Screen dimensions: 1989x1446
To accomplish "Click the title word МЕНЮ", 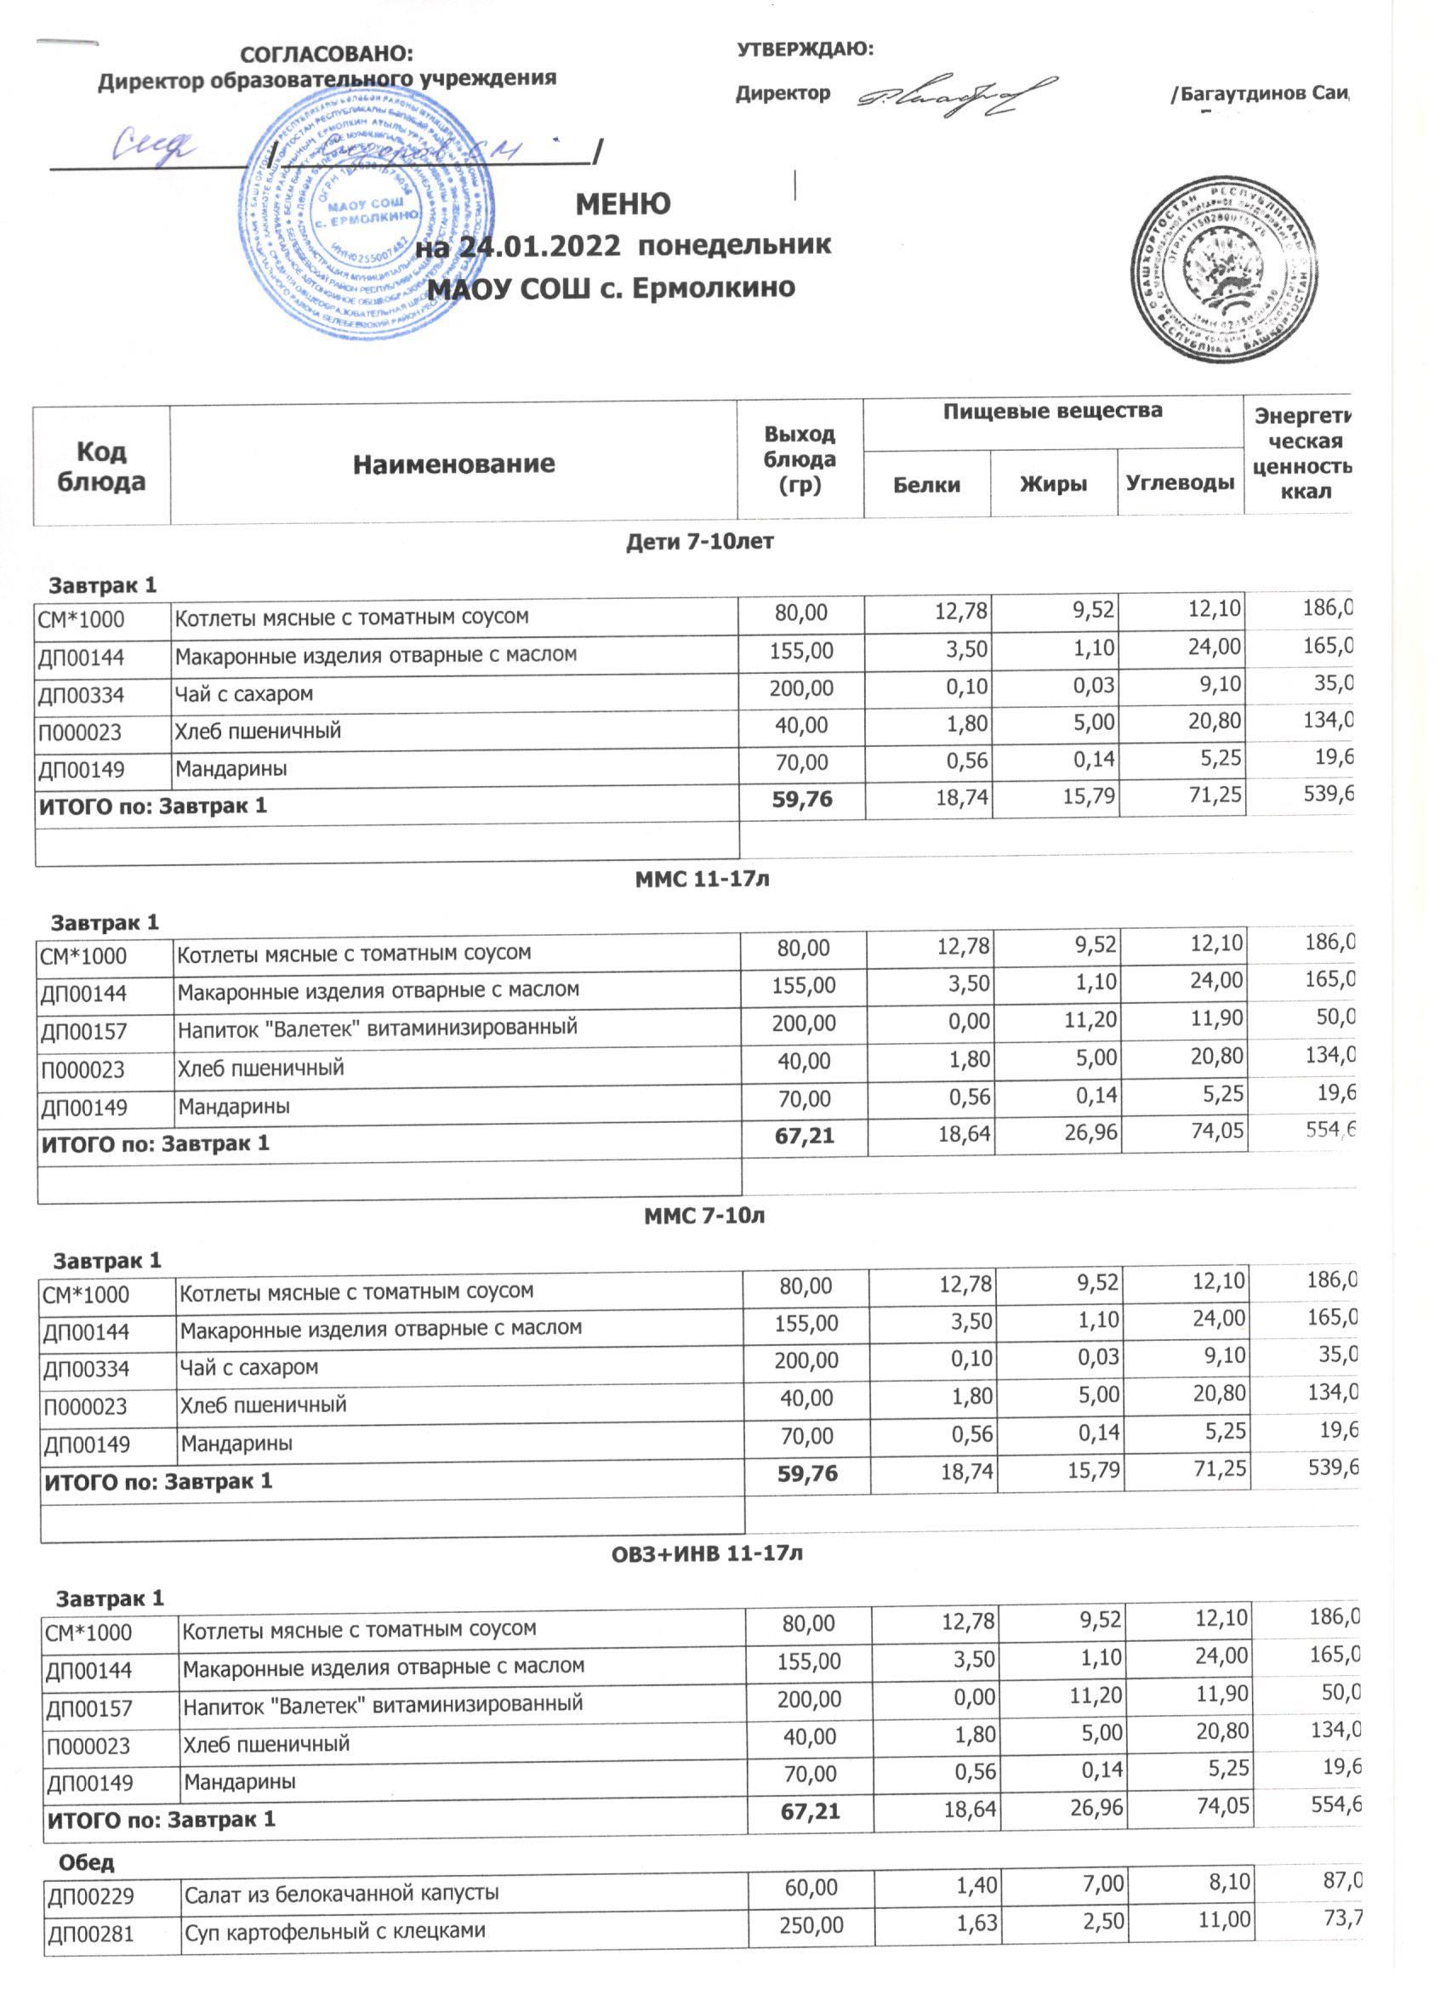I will tap(623, 203).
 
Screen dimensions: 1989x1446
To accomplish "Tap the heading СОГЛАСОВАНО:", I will tap(327, 54).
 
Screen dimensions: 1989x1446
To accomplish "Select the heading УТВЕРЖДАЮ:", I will tap(805, 49).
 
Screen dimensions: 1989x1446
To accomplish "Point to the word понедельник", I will tap(735, 244).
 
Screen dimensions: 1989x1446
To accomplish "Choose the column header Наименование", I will tap(453, 464).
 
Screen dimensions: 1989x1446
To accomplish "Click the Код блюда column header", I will tap(101, 465).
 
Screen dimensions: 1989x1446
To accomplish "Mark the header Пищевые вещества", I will tap(1052, 410).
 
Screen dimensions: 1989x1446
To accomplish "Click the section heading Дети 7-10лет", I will tap(700, 542).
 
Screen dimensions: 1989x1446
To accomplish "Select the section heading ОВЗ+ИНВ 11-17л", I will tap(707, 1553).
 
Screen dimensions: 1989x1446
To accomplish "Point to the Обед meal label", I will tap(86, 1861).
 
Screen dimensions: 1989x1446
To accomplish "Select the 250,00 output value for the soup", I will tap(811, 1929).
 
